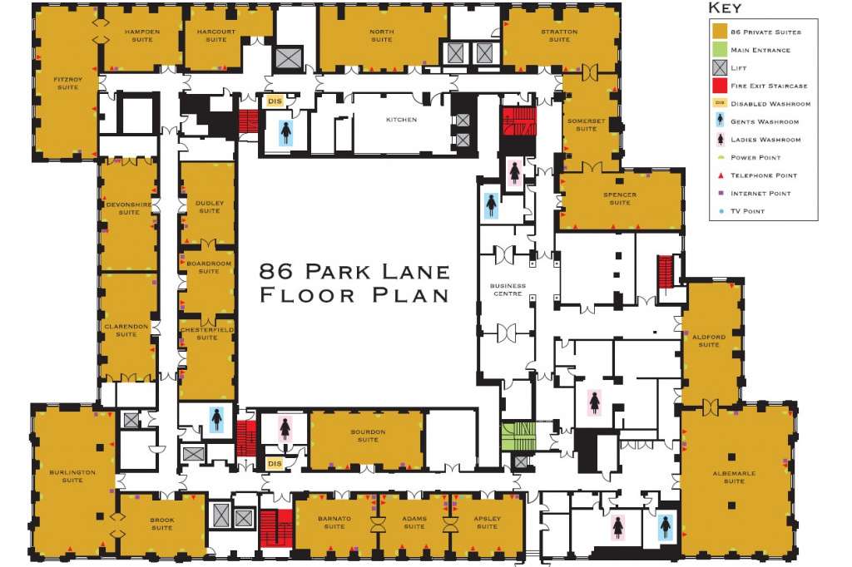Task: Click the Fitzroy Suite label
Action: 68,83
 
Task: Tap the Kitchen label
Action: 402,120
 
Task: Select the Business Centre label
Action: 508,289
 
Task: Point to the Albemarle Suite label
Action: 734,477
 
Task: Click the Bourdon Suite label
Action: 368,436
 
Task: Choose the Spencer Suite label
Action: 620,198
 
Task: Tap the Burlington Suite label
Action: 72,476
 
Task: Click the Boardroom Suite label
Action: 209,267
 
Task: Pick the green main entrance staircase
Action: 518,436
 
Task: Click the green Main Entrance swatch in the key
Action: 720,49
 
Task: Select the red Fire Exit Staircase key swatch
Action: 720,86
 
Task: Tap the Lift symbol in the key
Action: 720,67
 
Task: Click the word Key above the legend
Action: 725,7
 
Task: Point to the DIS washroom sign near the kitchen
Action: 275,101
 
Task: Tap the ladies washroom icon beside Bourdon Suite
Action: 285,428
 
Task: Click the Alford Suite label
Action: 709,341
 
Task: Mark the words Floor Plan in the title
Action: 354,295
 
